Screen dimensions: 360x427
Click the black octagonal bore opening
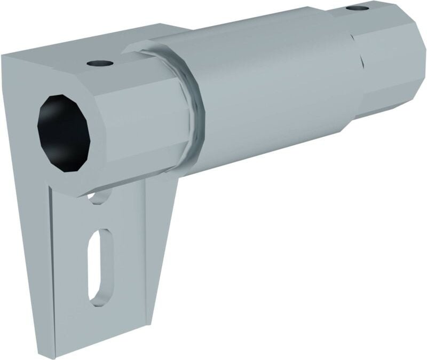63,133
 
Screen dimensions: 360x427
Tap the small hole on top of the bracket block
100,63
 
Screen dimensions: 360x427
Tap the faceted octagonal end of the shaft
392,59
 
